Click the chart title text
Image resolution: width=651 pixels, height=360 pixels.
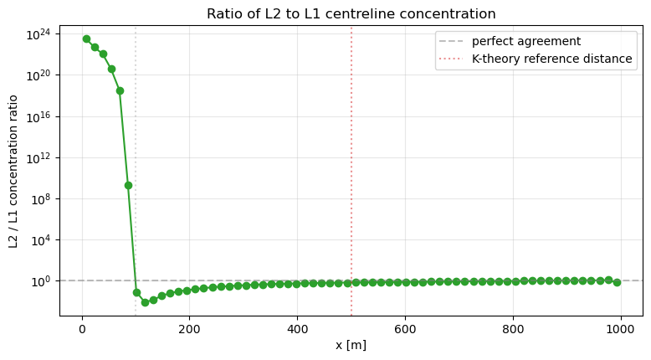point(351,14)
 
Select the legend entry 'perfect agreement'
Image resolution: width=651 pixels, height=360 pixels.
point(526,41)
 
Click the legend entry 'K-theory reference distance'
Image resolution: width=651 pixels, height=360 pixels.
point(552,59)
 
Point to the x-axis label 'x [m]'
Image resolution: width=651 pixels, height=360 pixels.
point(351,345)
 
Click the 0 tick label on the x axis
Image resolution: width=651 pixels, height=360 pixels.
point(82,328)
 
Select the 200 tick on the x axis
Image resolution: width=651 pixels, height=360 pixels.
point(190,328)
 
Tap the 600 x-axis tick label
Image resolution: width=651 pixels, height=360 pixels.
point(406,328)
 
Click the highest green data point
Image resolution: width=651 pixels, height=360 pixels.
point(86,39)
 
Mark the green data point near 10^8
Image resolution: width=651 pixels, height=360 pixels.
point(128,185)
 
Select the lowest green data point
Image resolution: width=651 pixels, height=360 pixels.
point(145,302)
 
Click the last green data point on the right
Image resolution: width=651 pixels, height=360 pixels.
point(617,282)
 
